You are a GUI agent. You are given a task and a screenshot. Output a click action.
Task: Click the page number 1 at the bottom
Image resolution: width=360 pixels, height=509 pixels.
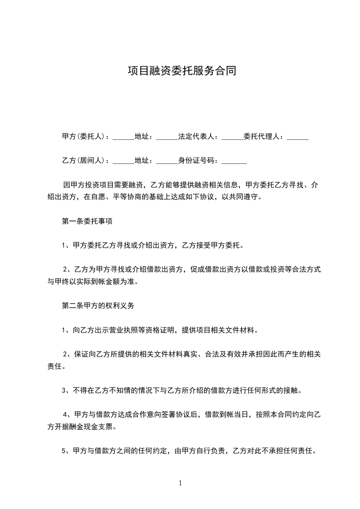pos(180,483)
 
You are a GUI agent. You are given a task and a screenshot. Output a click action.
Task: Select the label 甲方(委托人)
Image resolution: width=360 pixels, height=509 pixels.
pos(83,137)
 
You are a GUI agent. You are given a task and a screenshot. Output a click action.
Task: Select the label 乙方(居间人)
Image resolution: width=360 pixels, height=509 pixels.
pos(83,161)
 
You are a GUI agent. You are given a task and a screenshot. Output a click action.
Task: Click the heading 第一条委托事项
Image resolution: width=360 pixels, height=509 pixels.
pos(87,222)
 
